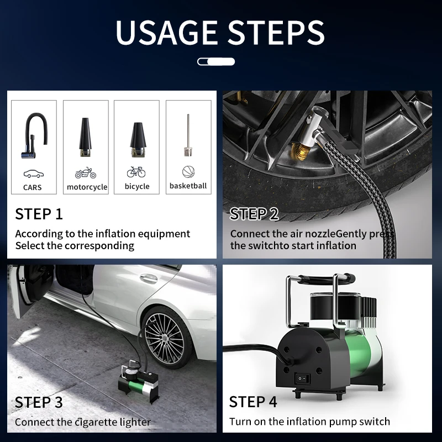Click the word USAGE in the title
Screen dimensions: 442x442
[x=166, y=32]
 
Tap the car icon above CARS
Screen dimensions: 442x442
[x=34, y=173]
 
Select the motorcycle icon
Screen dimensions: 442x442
[x=86, y=173]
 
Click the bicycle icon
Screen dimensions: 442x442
[x=136, y=172]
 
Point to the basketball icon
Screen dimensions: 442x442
[x=188, y=172]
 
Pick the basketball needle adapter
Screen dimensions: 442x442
[x=188, y=135]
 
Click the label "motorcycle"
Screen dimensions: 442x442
[x=87, y=187]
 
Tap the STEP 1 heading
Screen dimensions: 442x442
[x=39, y=214]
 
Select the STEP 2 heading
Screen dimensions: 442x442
[x=254, y=214]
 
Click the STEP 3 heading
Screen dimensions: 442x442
[x=39, y=402]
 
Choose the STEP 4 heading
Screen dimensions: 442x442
[x=253, y=402]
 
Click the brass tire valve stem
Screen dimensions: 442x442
[x=299, y=151]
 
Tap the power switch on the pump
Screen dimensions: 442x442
[x=302, y=378]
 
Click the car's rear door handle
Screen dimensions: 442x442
[x=149, y=278]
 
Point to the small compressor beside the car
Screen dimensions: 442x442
[x=138, y=381]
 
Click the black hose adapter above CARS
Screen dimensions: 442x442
[x=34, y=135]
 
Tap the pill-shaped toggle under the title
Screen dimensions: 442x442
[x=216, y=61]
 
